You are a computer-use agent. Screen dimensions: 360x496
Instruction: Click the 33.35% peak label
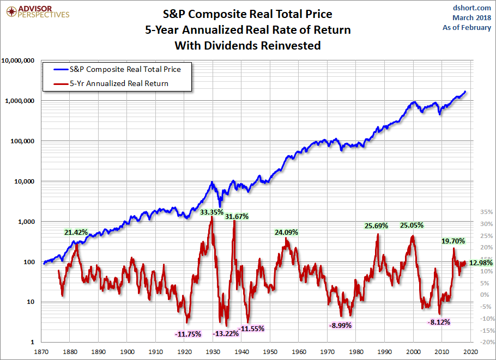pos(211,212)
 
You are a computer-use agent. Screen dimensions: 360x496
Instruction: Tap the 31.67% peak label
pos(237,216)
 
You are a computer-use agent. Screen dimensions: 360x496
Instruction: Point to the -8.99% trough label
pos(341,325)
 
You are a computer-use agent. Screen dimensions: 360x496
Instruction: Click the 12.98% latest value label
pos(481,263)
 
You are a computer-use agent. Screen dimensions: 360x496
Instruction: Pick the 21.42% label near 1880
pos(76,232)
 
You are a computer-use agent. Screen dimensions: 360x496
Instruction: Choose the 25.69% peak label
pos(376,225)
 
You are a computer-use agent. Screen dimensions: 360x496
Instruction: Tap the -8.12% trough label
pos(439,322)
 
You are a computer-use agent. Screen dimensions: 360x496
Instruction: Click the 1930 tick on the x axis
pos(213,352)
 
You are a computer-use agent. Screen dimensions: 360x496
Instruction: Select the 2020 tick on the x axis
pos(471,352)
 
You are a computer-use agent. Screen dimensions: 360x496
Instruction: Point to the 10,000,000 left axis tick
pos(19,60)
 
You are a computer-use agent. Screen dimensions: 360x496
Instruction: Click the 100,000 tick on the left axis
pos(22,141)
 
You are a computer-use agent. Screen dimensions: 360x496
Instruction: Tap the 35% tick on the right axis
pos(486,212)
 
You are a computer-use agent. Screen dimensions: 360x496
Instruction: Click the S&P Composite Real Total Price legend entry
pos(125,70)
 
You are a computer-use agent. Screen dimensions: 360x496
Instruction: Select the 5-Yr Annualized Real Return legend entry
pos(118,83)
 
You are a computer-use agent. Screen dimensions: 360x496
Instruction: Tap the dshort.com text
pos(471,8)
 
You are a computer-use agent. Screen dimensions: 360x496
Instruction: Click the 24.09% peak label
pos(286,232)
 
